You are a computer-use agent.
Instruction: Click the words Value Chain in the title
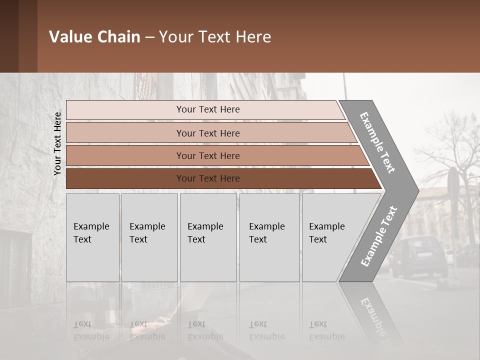tap(94, 37)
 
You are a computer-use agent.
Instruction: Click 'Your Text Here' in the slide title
tap(215, 37)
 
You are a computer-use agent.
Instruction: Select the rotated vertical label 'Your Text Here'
tap(57, 144)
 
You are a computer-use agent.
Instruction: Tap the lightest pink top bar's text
tap(208, 109)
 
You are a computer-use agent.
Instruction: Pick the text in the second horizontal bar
tap(208, 133)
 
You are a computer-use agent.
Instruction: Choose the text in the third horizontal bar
tap(208, 156)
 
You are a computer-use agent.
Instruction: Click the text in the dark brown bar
tap(208, 178)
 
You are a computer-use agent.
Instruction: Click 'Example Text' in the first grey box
tap(91, 233)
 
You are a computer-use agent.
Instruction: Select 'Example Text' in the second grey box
tap(147, 233)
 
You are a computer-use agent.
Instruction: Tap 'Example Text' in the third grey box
tap(205, 233)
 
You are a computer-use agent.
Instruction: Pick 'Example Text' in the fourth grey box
tap(266, 233)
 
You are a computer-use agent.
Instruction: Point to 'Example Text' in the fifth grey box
tap(326, 233)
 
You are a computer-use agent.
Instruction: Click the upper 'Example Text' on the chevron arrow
tap(377, 142)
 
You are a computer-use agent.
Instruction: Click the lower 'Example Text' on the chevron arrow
tap(378, 236)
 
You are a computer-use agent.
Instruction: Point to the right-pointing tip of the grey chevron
tap(417, 190)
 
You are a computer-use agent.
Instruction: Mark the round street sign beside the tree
tap(453, 182)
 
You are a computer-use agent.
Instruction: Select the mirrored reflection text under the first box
tap(91, 330)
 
